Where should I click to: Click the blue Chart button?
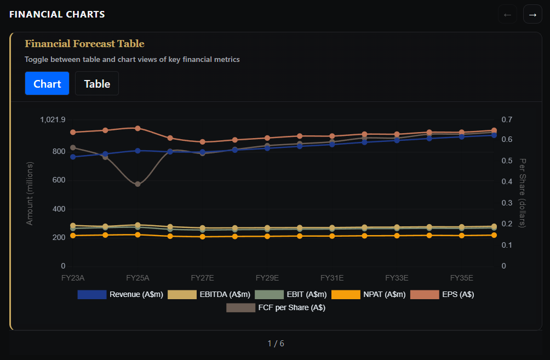(x=47, y=83)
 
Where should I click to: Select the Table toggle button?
(x=97, y=83)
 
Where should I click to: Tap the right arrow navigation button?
(x=532, y=14)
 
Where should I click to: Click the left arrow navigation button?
(x=507, y=14)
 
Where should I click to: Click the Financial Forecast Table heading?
(x=84, y=44)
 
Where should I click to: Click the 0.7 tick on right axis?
(x=506, y=120)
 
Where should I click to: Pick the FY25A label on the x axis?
(x=137, y=278)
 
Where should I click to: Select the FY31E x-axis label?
(x=332, y=278)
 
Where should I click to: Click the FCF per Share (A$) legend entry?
(x=276, y=308)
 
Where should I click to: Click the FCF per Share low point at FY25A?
(x=137, y=184)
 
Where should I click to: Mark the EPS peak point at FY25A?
(x=137, y=128)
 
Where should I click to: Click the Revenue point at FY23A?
(x=73, y=157)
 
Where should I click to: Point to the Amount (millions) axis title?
(x=30, y=193)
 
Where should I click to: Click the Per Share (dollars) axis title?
(x=522, y=193)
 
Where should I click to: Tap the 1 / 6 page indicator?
(x=276, y=344)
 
